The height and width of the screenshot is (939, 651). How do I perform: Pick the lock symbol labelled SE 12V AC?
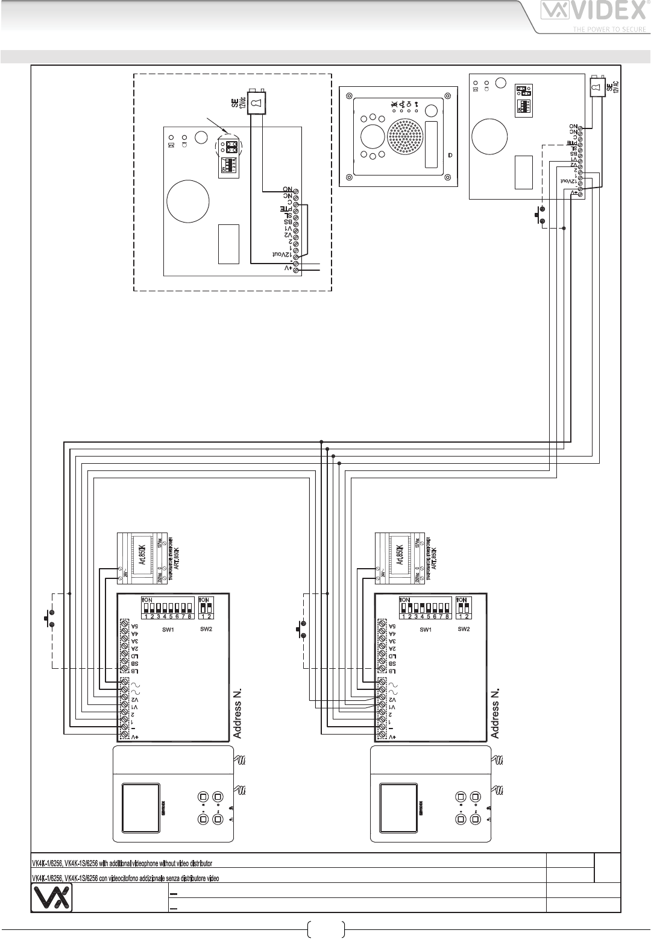(x=598, y=87)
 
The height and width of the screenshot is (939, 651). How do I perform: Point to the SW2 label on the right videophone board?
(x=464, y=629)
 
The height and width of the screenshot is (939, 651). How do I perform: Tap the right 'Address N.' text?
(x=496, y=712)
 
